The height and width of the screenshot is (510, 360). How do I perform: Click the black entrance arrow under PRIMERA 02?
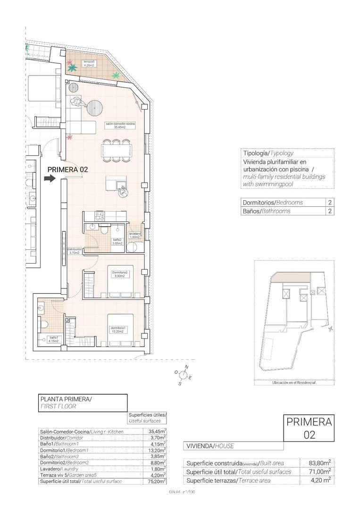49,178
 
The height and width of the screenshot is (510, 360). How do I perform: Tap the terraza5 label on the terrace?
89,64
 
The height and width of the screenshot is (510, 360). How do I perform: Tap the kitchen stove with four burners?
100,216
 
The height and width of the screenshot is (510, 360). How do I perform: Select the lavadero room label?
135,235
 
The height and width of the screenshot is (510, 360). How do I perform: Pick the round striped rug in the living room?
94,107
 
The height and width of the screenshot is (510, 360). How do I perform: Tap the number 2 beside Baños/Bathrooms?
329,211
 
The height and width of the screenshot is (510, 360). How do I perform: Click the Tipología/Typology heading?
268,153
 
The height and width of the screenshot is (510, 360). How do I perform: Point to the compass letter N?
186,367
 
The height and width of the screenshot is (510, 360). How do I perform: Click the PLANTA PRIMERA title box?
83,402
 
